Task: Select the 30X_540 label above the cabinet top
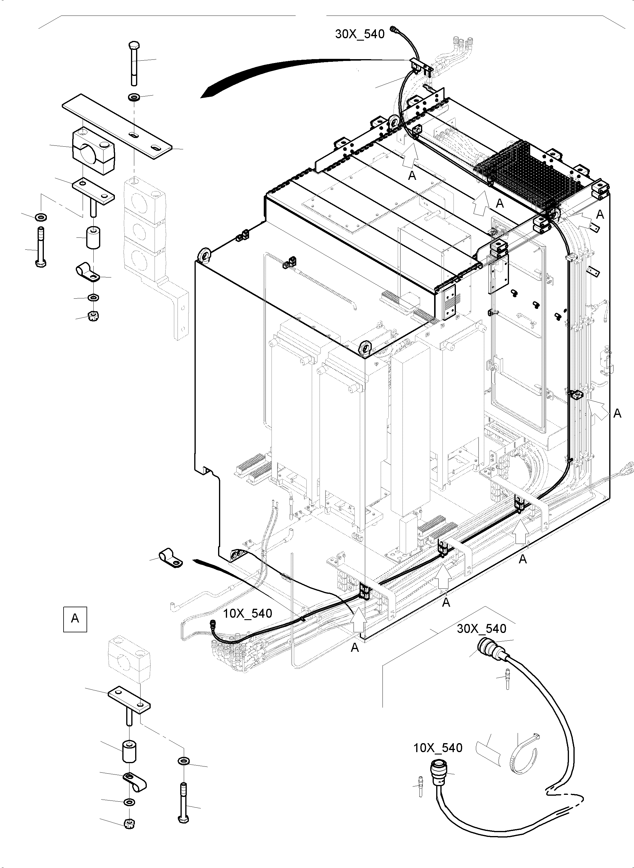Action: (x=360, y=34)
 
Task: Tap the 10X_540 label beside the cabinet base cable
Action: (x=248, y=613)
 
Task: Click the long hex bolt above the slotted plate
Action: (x=134, y=63)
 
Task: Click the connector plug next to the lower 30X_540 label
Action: (x=488, y=649)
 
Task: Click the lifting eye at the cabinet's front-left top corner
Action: (x=203, y=255)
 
